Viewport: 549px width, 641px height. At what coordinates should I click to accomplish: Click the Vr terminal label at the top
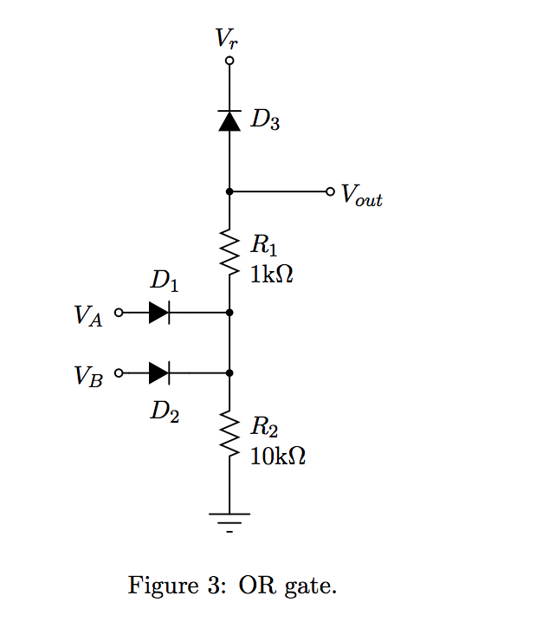pyautogui.click(x=227, y=39)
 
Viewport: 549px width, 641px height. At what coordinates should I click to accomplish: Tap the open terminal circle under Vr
pyautogui.click(x=229, y=61)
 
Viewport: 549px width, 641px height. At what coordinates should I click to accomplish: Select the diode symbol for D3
pyautogui.click(x=229, y=120)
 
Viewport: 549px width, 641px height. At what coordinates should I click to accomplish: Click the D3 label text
pyautogui.click(x=265, y=120)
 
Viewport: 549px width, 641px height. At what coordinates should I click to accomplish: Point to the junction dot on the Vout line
pyautogui.click(x=229, y=191)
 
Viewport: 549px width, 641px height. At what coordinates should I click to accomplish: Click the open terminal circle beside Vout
pyautogui.click(x=330, y=191)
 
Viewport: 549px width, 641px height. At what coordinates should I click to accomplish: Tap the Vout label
pyautogui.click(x=362, y=195)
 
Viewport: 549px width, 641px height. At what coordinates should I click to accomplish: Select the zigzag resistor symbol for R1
pyautogui.click(x=229, y=251)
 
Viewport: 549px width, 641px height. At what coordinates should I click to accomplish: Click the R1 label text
pyautogui.click(x=264, y=245)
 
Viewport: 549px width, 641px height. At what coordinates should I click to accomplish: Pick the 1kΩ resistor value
pyautogui.click(x=272, y=274)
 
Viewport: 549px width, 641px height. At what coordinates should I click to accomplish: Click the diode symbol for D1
pyautogui.click(x=159, y=313)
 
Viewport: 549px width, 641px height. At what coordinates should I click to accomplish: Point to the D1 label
pyautogui.click(x=165, y=281)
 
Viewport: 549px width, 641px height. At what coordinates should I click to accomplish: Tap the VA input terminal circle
pyautogui.click(x=119, y=313)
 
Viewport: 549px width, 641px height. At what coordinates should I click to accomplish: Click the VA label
pyautogui.click(x=88, y=315)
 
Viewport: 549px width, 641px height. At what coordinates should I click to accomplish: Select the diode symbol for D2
pyautogui.click(x=159, y=373)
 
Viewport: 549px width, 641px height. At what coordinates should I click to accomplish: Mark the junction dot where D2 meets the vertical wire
pyautogui.click(x=229, y=373)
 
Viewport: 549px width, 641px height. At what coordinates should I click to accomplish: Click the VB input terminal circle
pyautogui.click(x=119, y=373)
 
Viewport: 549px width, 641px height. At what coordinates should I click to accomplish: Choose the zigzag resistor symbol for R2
pyautogui.click(x=229, y=433)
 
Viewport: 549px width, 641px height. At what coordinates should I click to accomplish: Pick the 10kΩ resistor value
pyautogui.click(x=278, y=456)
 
